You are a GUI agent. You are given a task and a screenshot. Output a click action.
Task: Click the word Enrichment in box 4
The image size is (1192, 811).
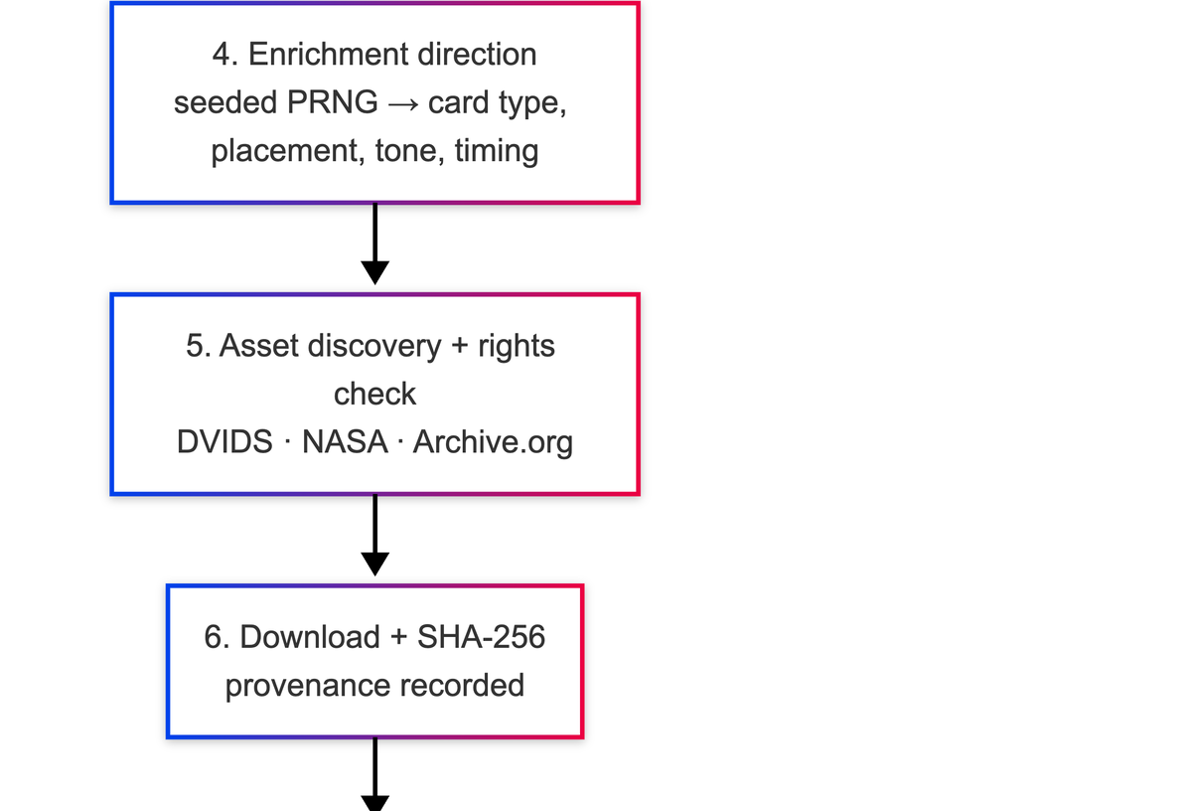click(329, 55)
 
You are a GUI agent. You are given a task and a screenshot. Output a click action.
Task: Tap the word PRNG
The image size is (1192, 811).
click(333, 102)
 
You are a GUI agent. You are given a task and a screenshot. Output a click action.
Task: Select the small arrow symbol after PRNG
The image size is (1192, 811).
click(403, 104)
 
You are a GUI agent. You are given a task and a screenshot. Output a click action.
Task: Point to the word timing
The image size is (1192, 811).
click(497, 151)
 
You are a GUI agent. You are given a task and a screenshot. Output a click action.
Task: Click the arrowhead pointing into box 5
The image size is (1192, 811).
click(375, 272)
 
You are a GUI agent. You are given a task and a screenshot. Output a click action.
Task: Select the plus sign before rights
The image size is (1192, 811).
click(460, 346)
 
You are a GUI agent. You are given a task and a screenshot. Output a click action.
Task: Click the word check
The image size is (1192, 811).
click(375, 394)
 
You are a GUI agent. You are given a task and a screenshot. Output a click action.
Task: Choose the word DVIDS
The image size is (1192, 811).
click(224, 442)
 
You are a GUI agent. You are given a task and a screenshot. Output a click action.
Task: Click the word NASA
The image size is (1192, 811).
click(345, 442)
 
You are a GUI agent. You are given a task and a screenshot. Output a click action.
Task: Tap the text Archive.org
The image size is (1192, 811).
click(494, 442)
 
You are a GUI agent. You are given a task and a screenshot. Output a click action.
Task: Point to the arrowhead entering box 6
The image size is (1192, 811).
click(375, 564)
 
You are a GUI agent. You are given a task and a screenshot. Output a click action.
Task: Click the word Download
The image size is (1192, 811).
click(310, 637)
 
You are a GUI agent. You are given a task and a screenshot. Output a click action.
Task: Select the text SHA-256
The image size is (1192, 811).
click(481, 637)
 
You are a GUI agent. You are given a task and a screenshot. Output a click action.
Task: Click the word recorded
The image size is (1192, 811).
click(462, 686)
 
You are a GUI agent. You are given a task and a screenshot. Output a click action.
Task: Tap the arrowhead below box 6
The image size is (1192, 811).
click(375, 803)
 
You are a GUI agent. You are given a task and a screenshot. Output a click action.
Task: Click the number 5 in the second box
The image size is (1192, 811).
click(195, 346)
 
